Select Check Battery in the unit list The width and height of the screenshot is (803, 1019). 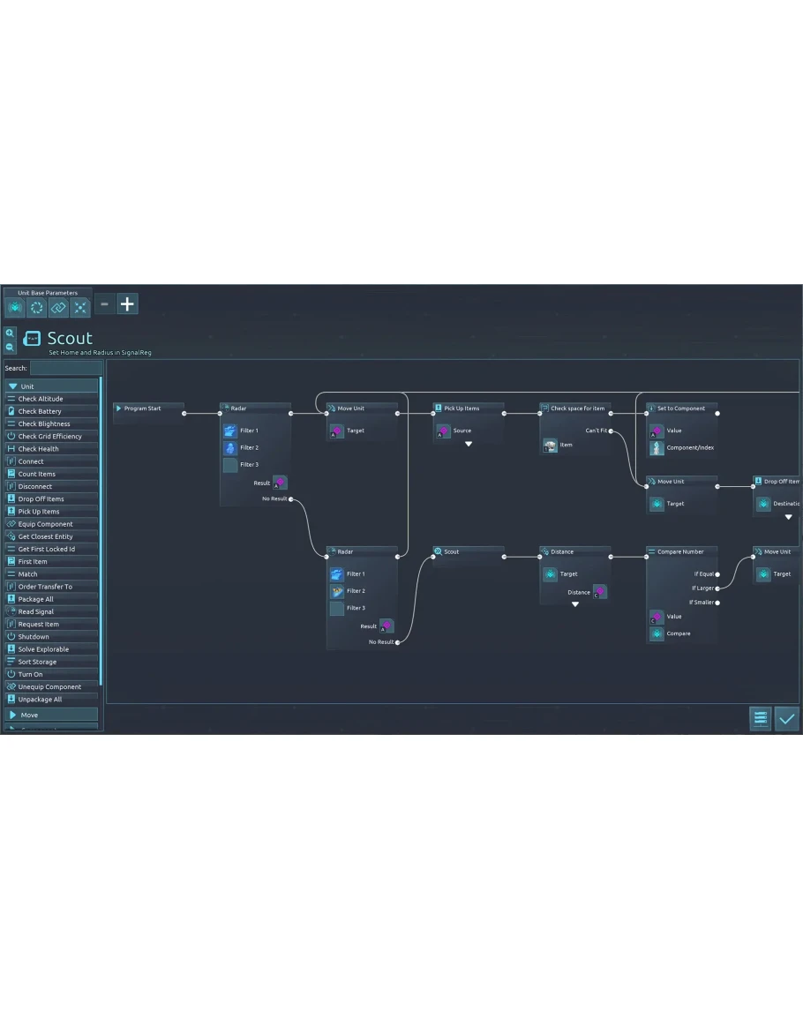click(40, 411)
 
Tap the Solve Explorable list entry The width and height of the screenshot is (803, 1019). click(43, 649)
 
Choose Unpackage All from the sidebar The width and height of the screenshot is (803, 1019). click(40, 700)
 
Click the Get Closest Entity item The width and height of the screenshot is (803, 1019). click(45, 536)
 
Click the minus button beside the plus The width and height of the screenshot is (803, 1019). click(104, 304)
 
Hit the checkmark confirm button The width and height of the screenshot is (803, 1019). click(786, 719)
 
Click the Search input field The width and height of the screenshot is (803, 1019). click(65, 368)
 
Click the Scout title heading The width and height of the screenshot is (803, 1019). click(70, 339)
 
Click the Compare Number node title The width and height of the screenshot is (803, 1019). click(680, 551)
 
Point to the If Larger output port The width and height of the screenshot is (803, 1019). click(717, 588)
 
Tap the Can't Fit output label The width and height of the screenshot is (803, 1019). click(596, 431)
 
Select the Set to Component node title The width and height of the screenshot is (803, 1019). click(681, 408)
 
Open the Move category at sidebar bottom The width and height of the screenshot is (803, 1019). click(51, 715)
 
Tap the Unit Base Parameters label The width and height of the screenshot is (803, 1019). click(48, 293)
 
